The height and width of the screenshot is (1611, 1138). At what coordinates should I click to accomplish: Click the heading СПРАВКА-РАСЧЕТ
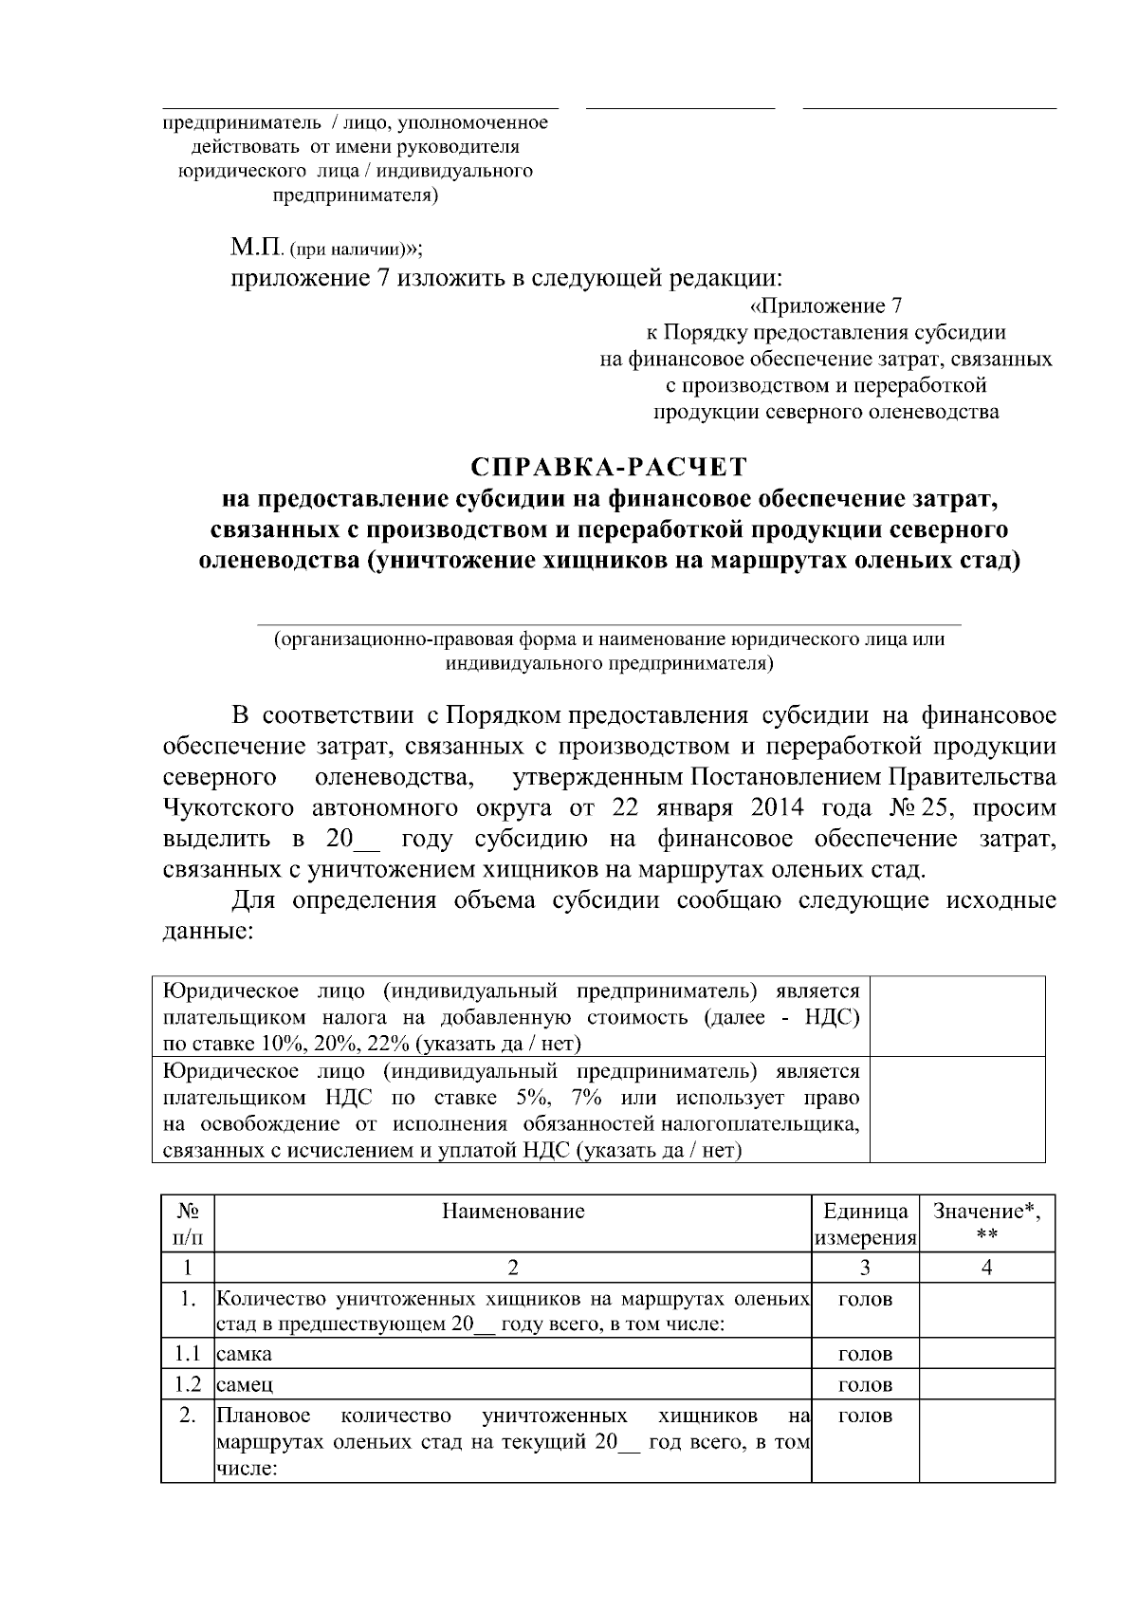click(609, 468)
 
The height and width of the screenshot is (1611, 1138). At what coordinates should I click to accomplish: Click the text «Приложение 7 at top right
click(825, 306)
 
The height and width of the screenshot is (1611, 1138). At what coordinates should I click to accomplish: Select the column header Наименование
click(513, 1211)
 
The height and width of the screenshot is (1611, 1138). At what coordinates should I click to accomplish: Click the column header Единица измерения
click(865, 1224)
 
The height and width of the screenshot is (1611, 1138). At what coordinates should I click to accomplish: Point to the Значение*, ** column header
click(986, 1222)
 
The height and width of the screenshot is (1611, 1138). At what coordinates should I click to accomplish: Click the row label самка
click(245, 1354)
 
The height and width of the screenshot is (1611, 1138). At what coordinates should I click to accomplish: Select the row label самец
click(245, 1384)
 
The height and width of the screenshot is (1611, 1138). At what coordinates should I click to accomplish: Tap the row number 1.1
click(187, 1354)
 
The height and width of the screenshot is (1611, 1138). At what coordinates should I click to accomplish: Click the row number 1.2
click(187, 1384)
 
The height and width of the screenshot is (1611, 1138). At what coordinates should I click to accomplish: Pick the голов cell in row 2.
click(865, 1417)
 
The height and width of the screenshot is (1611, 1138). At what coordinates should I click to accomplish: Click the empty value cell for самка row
click(986, 1354)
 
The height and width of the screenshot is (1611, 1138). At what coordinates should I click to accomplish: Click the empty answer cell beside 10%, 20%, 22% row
click(957, 1015)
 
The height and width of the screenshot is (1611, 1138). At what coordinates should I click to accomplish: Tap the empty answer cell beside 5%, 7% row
click(957, 1110)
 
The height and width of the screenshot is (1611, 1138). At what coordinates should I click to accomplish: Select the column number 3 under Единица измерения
click(865, 1268)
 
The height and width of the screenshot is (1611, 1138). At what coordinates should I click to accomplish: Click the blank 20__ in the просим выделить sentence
click(352, 840)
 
